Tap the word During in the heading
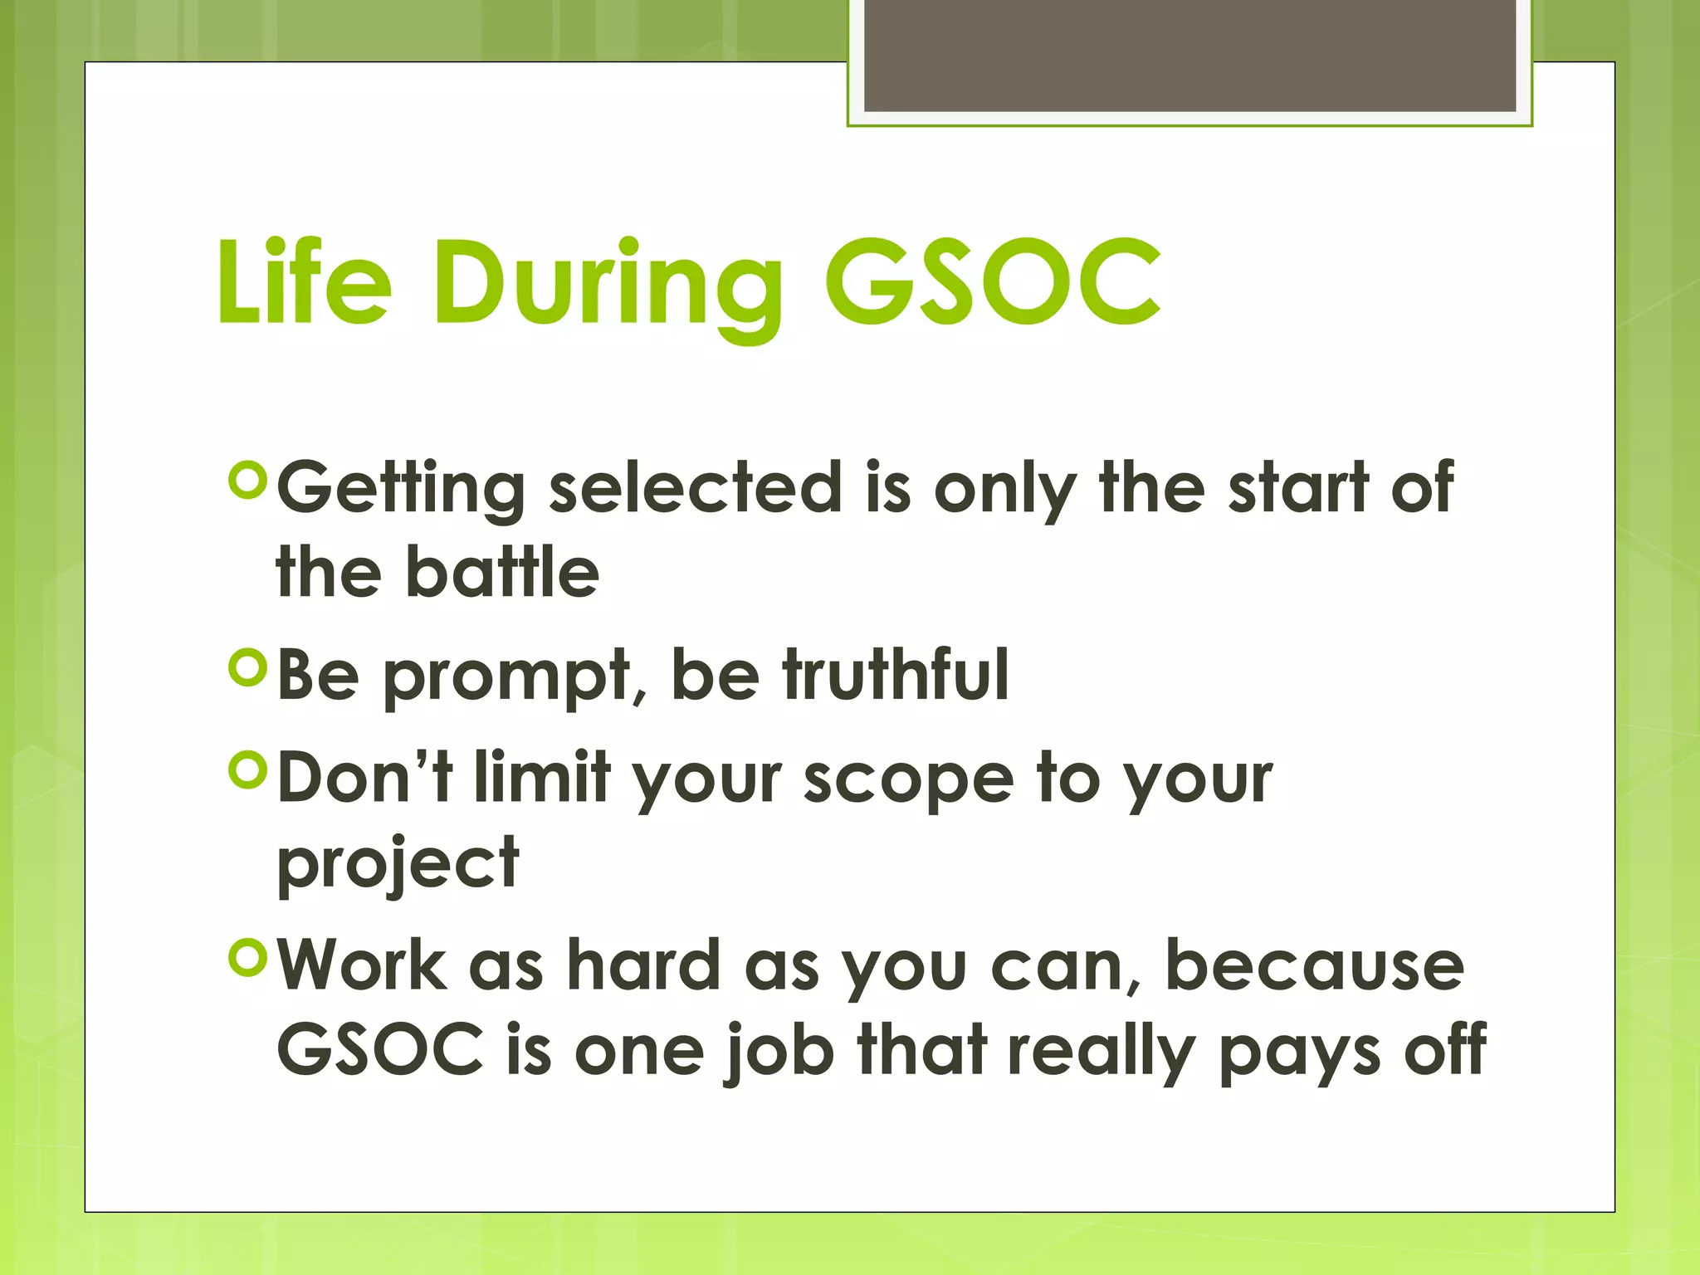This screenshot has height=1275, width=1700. click(607, 287)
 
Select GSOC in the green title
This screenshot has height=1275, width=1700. click(993, 282)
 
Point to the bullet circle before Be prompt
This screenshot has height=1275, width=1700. click(247, 667)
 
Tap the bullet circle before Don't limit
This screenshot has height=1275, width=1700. click(247, 770)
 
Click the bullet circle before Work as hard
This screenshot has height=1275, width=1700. click(247, 958)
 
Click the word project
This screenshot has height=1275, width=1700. click(398, 865)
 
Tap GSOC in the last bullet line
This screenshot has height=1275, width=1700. click(380, 1049)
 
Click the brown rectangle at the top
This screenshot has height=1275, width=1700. click(1190, 55)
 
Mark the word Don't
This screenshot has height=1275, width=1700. click(365, 778)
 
